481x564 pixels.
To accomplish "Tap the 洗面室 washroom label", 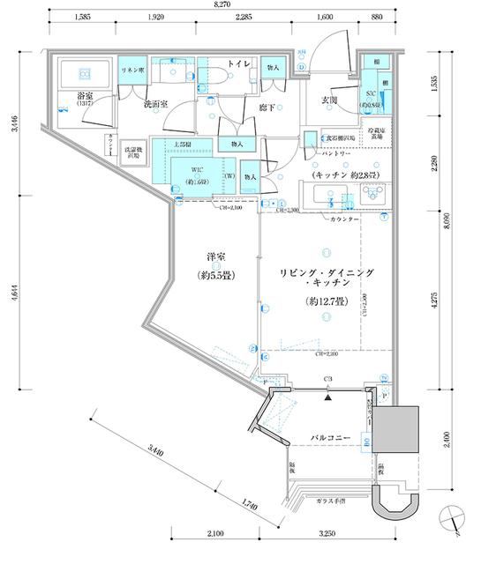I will tap(156, 103).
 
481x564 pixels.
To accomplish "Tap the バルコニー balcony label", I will tap(332, 437).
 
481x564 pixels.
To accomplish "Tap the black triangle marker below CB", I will tap(328, 397).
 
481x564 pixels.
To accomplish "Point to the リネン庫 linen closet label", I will tap(132, 64).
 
